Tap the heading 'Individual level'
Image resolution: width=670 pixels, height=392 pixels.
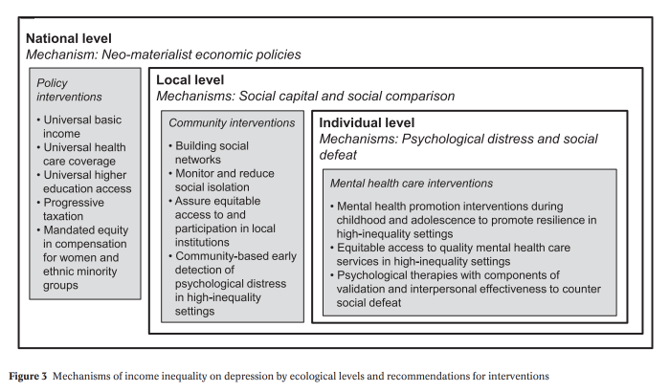[367, 123]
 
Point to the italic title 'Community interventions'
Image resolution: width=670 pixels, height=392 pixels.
[232, 123]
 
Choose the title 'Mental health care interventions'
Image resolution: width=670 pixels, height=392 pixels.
[411, 182]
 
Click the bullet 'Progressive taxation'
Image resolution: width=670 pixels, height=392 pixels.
[78, 209]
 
